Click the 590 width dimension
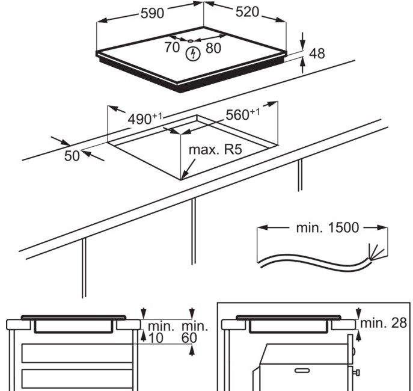click(152, 13)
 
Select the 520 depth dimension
click(247, 12)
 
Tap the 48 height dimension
click(317, 54)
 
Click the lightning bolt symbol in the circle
click(193, 54)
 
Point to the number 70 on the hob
click(172, 48)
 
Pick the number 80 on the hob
click(213, 48)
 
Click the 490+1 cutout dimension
click(145, 119)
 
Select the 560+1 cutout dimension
click(243, 114)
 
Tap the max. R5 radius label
click(215, 150)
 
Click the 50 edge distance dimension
click(72, 156)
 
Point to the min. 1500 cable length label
click(328, 227)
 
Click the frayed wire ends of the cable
click(376, 253)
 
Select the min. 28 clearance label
click(384, 323)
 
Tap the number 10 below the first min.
click(156, 338)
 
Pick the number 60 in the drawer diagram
click(189, 338)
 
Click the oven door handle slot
click(302, 371)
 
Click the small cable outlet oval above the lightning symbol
click(191, 40)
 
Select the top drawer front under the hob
click(77, 353)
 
